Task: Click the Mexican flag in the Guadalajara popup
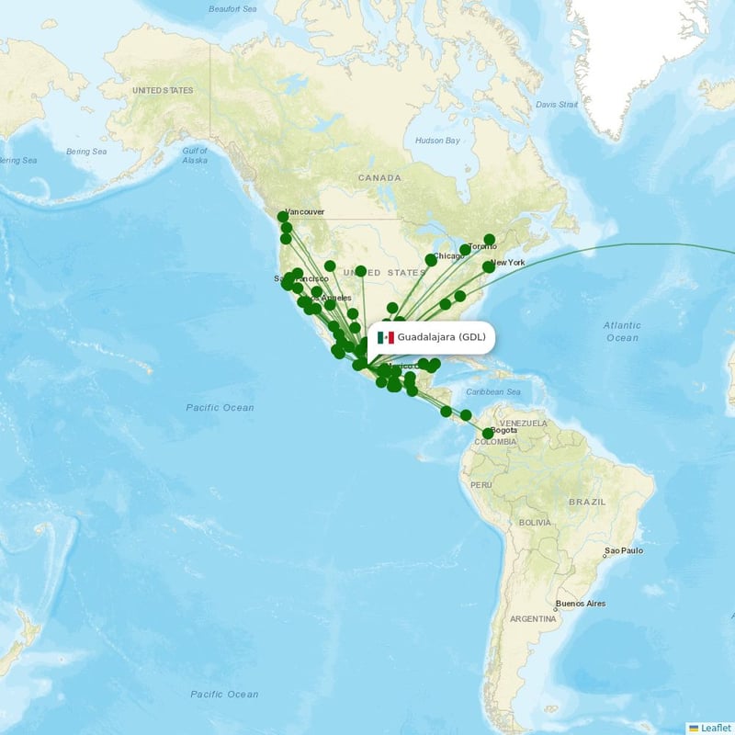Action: pos(386,337)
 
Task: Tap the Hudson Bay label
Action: pos(436,141)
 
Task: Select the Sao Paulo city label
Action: pos(624,551)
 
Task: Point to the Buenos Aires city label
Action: pos(581,604)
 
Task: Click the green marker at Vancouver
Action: pos(283,217)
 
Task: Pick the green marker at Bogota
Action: pos(487,433)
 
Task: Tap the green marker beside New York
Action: pos(489,266)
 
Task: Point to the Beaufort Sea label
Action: pos(232,9)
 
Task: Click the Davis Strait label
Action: pos(557,105)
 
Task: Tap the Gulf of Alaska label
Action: pos(195,154)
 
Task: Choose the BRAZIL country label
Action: pos(587,503)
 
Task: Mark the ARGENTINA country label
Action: pos(535,619)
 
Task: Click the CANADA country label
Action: pos(379,177)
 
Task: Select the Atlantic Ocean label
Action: pos(622,332)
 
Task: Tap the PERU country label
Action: pos(481,484)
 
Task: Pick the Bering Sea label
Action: pos(86,152)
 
